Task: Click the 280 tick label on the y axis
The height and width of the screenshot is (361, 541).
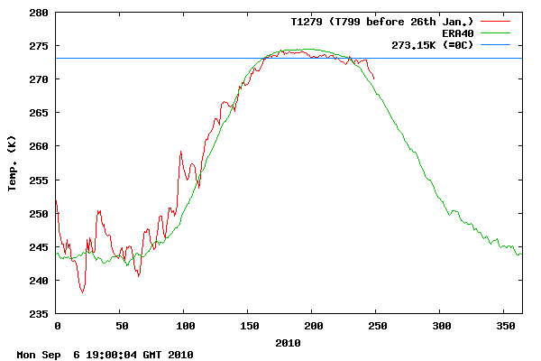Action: (x=39, y=13)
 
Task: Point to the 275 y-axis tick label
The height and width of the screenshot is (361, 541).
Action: (x=39, y=46)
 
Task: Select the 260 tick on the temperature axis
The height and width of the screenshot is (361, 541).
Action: (x=39, y=146)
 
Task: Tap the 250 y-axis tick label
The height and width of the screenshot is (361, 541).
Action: (x=39, y=213)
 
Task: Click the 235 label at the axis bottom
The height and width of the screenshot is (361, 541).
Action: (x=39, y=313)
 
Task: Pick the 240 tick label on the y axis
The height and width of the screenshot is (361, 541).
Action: (x=39, y=280)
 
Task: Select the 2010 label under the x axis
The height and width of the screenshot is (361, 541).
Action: (x=289, y=342)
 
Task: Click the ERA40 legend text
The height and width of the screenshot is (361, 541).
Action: (x=458, y=33)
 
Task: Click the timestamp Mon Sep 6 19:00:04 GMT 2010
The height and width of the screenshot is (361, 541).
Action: (x=105, y=355)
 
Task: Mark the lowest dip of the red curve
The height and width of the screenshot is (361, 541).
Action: (x=83, y=292)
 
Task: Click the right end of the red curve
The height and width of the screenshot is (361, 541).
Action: (x=374, y=79)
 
